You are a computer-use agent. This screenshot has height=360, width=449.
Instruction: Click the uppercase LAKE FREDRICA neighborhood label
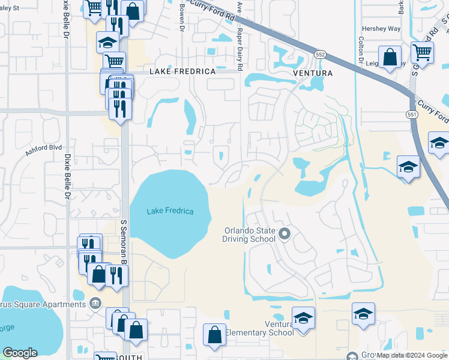click(182, 71)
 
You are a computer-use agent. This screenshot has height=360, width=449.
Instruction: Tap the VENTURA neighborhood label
click(312, 73)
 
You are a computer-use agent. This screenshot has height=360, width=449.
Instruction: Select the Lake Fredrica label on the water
click(170, 211)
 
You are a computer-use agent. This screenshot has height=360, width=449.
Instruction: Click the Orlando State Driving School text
click(250, 235)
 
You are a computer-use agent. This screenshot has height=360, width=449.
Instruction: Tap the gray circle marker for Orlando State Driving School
click(285, 233)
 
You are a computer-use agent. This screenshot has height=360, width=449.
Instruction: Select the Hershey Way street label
click(381, 28)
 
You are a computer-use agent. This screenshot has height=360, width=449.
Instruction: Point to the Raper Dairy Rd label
click(239, 50)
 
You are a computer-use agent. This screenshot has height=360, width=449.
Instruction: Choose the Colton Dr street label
click(361, 51)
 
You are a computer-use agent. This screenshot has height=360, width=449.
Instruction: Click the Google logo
click(20, 353)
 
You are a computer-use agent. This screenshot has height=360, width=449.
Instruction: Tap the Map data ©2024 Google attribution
click(412, 355)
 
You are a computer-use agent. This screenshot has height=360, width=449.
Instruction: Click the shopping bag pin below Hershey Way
click(390, 58)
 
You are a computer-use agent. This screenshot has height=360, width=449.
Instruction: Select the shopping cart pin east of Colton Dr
click(422, 52)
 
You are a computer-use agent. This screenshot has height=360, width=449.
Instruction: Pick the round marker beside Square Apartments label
click(94, 302)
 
